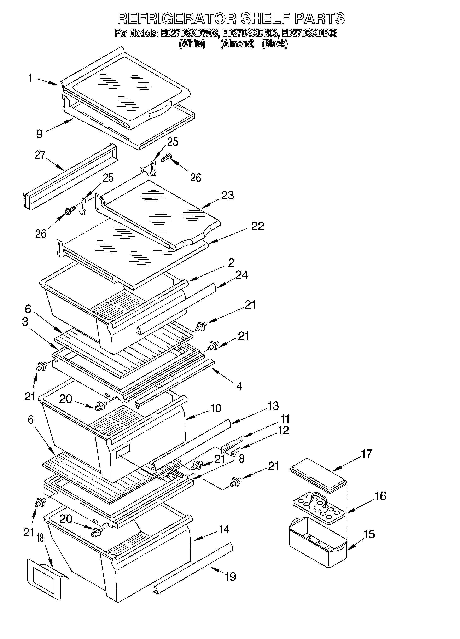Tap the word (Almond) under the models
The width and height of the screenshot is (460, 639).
point(237,44)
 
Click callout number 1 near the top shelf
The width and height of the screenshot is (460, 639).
point(30,78)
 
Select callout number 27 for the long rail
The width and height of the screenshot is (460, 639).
point(40,155)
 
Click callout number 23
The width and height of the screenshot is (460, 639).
point(227,195)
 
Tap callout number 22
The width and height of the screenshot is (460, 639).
point(257,226)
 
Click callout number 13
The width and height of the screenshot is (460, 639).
point(273,406)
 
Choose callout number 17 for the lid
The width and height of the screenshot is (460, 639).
point(366,454)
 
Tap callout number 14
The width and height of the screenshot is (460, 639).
point(224,529)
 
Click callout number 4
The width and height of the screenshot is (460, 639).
point(239,386)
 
